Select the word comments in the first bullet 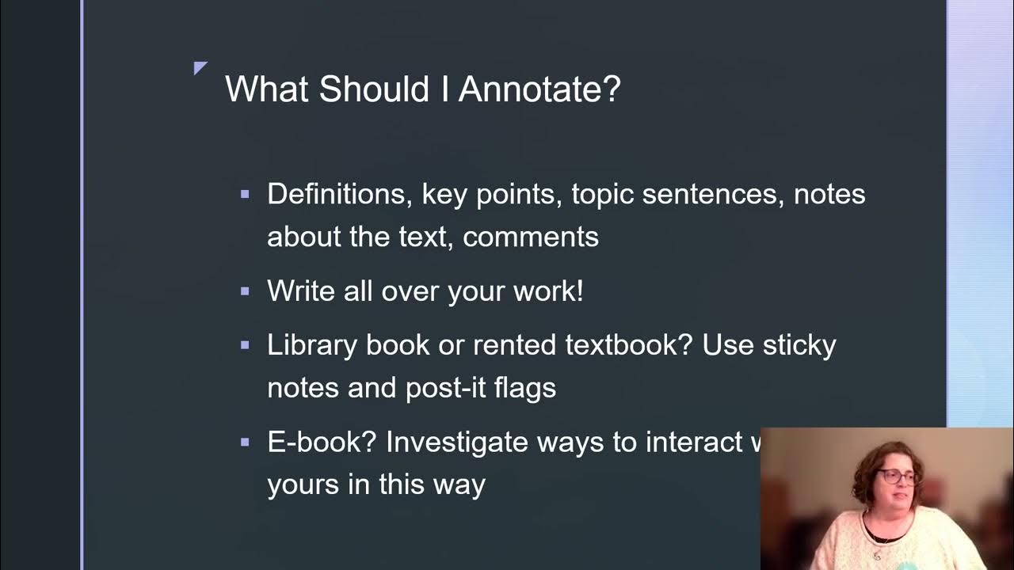pos(530,237)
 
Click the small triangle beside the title pos(200,68)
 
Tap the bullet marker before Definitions pos(245,193)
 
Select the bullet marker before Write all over pos(245,291)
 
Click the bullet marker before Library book pos(245,345)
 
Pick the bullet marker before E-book pos(245,442)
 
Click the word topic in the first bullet pos(602,194)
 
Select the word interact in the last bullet pos(693,443)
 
